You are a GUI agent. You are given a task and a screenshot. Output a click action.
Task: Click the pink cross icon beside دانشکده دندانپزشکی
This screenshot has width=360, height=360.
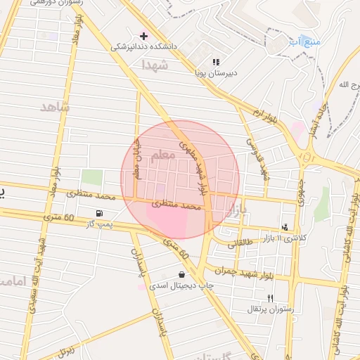(144, 35)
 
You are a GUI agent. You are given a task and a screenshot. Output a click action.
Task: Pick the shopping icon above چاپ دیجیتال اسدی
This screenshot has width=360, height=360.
(182, 275)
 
